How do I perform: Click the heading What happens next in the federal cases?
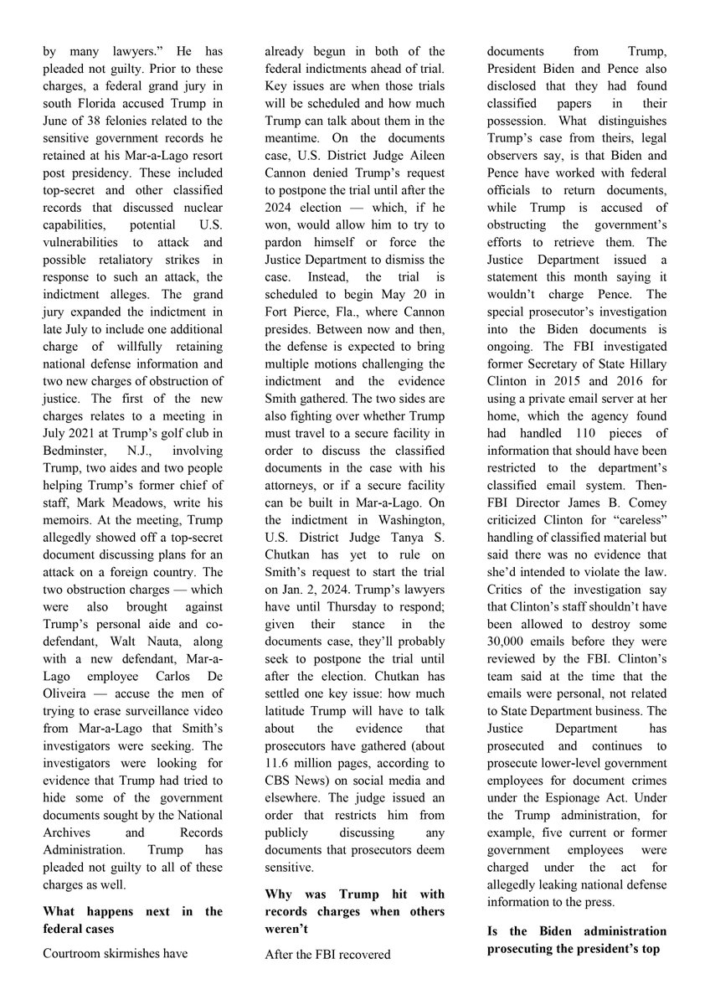click(x=132, y=920)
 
